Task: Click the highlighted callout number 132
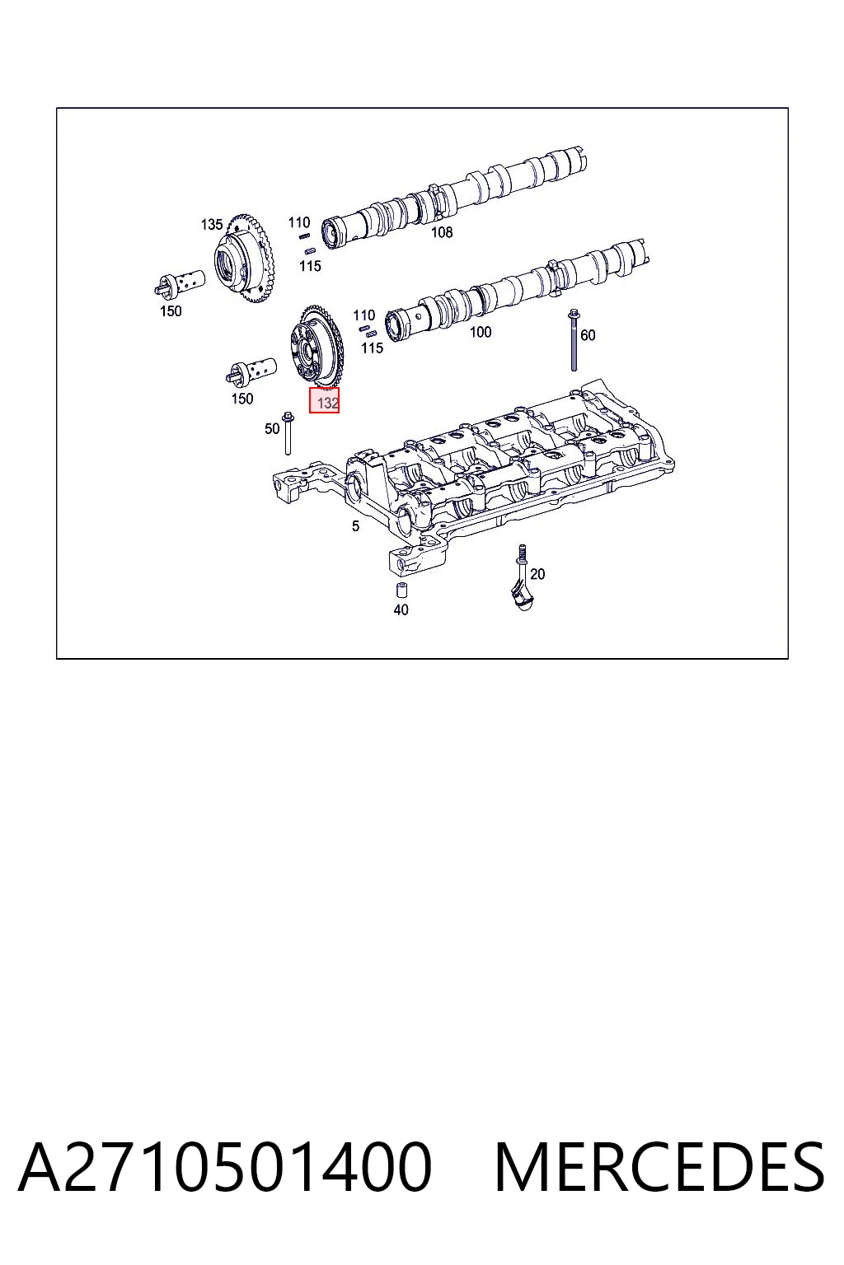point(328,403)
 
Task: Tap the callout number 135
point(212,224)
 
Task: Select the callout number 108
point(442,231)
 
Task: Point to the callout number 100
point(480,332)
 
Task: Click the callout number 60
point(588,335)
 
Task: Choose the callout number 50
point(272,428)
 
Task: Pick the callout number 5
point(355,525)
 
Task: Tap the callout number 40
point(401,610)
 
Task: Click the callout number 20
point(537,574)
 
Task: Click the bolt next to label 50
point(287,433)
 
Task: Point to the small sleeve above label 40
point(401,590)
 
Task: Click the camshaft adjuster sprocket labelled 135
point(244,259)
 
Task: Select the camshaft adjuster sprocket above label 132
point(314,348)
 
